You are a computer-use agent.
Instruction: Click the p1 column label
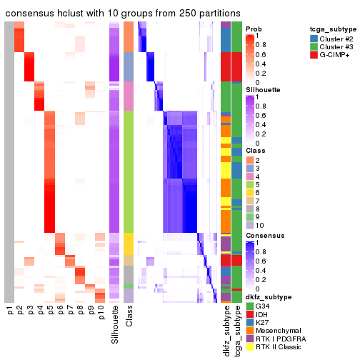click(x=9, y=311)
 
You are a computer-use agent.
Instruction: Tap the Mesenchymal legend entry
click(x=275, y=333)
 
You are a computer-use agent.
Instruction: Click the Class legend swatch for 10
click(x=249, y=224)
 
